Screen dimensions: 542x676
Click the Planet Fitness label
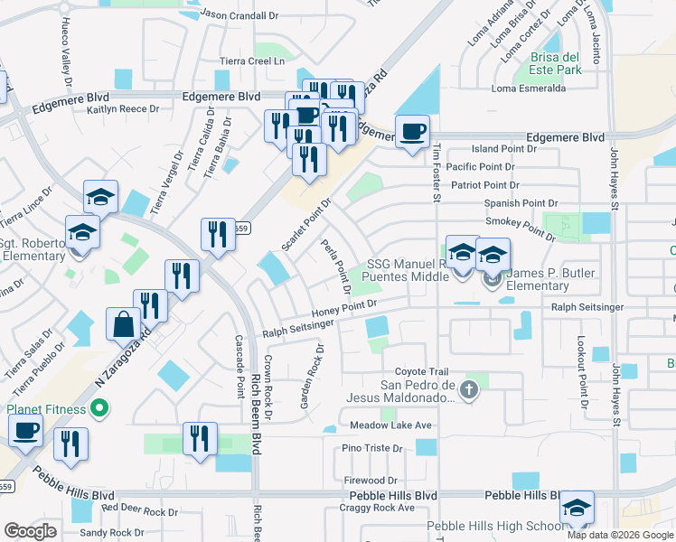point(47,409)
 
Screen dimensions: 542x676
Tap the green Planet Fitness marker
point(100,410)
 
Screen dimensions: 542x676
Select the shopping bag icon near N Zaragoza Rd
point(123,323)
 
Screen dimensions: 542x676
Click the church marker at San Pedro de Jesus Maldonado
point(468,390)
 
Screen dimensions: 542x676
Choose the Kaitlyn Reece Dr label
point(123,108)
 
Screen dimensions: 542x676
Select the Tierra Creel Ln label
point(253,61)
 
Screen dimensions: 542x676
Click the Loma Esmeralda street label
point(529,89)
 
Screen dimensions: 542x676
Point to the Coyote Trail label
point(421,372)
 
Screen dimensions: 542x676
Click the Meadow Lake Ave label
point(391,425)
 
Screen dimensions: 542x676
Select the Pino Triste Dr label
point(371,448)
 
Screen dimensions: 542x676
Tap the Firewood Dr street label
point(371,480)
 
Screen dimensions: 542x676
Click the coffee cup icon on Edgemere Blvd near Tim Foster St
point(413,131)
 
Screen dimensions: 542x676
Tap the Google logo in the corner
point(29,531)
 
